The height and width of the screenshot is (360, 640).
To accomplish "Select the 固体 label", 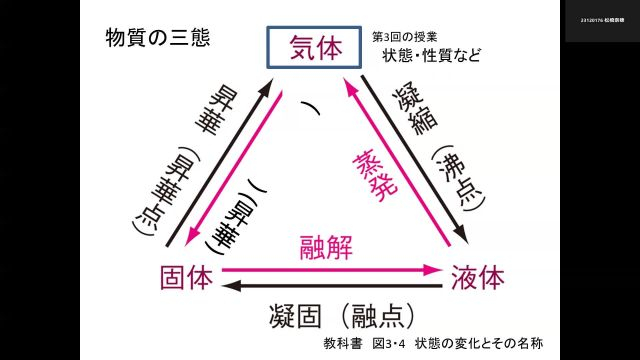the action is (186, 276).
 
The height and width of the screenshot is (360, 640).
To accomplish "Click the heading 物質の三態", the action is (157, 39).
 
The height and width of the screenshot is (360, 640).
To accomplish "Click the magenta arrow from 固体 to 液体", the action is (330, 270).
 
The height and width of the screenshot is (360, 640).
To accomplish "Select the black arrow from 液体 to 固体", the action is (330, 287).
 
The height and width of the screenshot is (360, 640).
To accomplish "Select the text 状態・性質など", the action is (432, 54).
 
